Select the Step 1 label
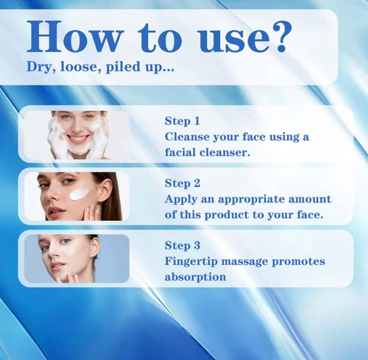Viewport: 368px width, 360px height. pyautogui.click(x=183, y=119)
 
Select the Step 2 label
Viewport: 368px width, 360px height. pyautogui.click(x=183, y=183)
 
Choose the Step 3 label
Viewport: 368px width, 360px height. pyautogui.click(x=183, y=246)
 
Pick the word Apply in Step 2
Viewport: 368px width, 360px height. pyautogui.click(x=181, y=200)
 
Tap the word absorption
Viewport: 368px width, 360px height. pyautogui.click(x=196, y=278)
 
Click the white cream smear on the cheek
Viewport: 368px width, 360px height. pyautogui.click(x=79, y=194)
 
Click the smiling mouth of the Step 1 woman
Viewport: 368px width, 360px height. pyautogui.click(x=78, y=138)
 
